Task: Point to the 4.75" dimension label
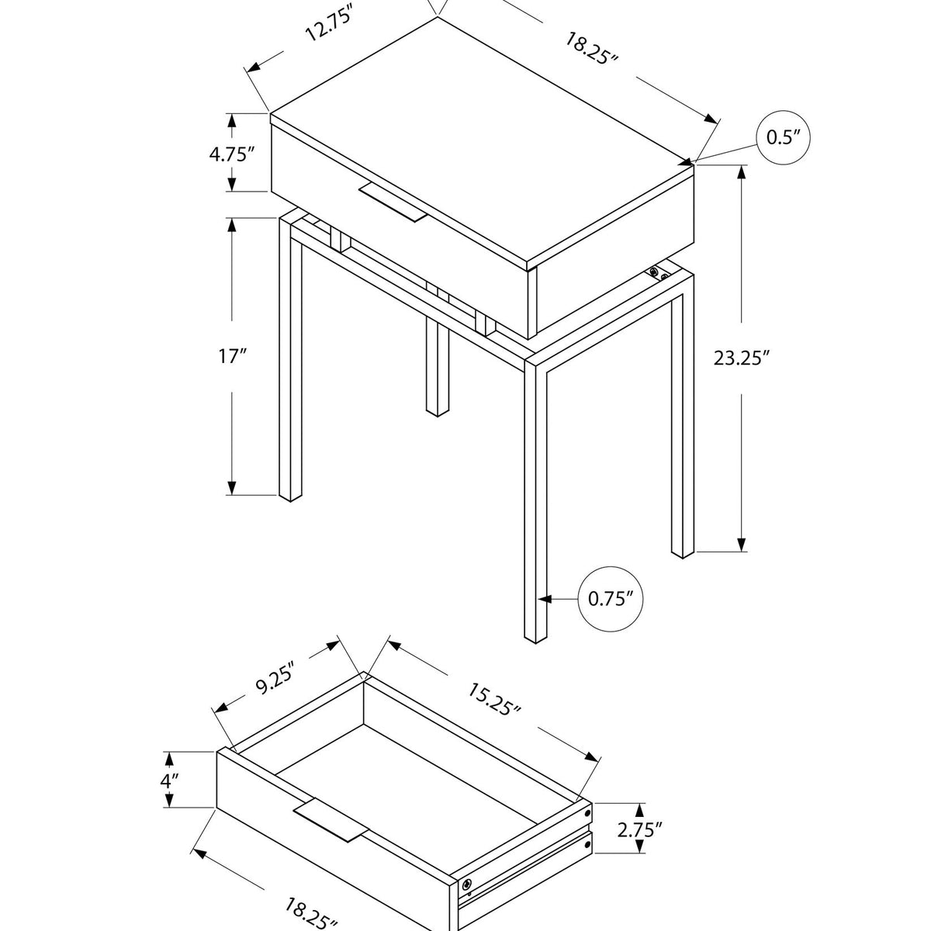pos(232,153)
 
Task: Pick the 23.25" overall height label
pos(742,358)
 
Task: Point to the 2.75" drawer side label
pos(641,829)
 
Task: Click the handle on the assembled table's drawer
pos(393,203)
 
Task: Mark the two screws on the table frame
pos(658,273)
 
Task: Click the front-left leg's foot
pos(289,495)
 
